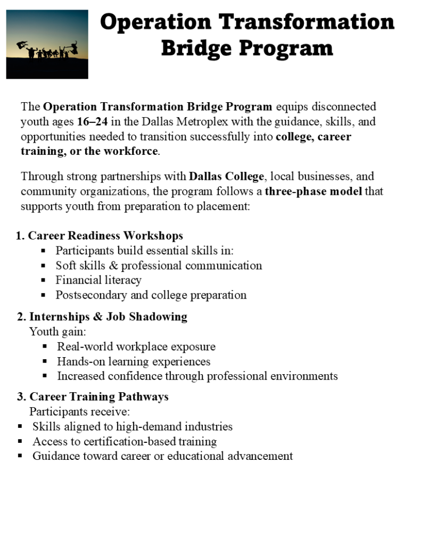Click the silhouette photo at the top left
[x=47, y=44]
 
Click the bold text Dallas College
[x=226, y=176]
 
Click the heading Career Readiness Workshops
[x=105, y=235]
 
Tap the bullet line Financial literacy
[x=98, y=280]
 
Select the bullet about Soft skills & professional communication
[x=159, y=265]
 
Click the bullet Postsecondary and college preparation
[x=151, y=295]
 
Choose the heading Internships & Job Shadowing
[x=108, y=317]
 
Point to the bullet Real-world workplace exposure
[x=136, y=346]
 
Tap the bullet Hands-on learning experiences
[x=134, y=361]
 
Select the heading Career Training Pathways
[x=99, y=397]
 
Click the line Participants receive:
[x=79, y=411]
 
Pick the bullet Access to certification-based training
[x=125, y=441]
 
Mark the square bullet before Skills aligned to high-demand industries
[x=20, y=426]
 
